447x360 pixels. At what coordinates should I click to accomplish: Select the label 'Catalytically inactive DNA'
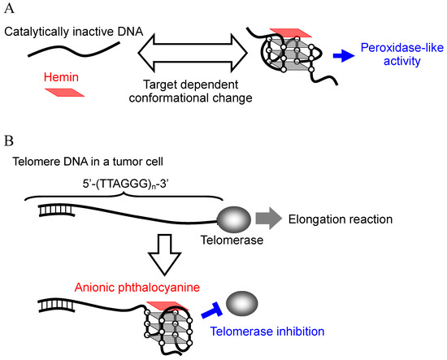[x=72, y=31]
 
